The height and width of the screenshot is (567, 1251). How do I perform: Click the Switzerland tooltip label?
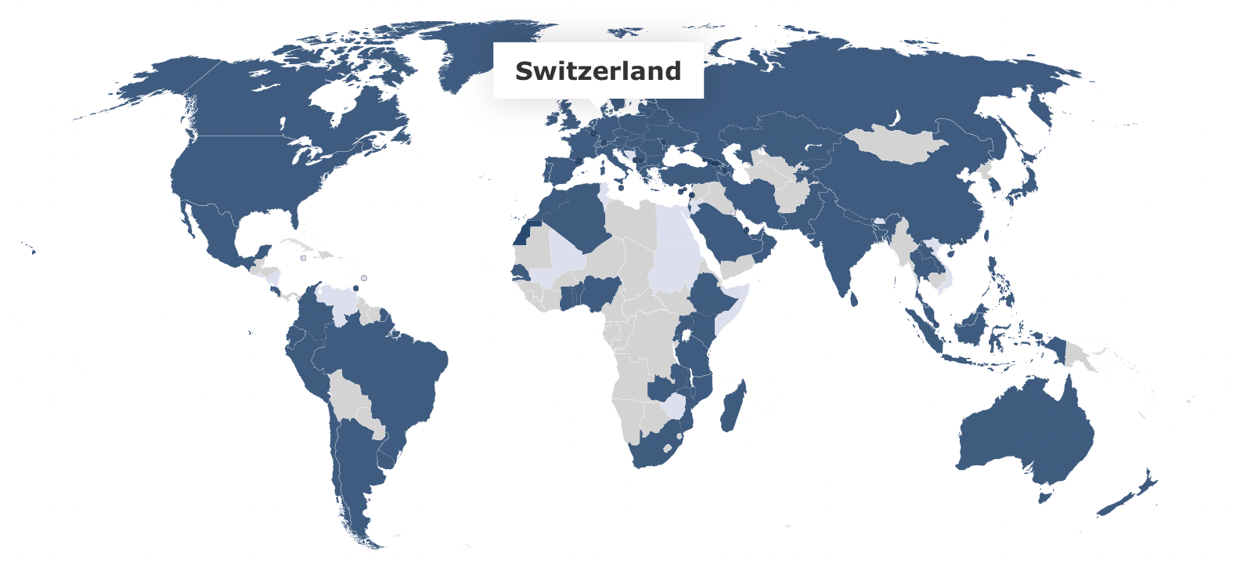click(x=598, y=70)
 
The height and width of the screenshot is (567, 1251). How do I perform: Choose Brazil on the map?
click(x=391, y=376)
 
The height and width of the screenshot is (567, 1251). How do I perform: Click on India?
click(x=842, y=243)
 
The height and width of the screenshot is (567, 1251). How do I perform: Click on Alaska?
click(x=157, y=86)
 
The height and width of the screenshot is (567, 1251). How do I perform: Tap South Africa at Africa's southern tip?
click(x=654, y=450)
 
